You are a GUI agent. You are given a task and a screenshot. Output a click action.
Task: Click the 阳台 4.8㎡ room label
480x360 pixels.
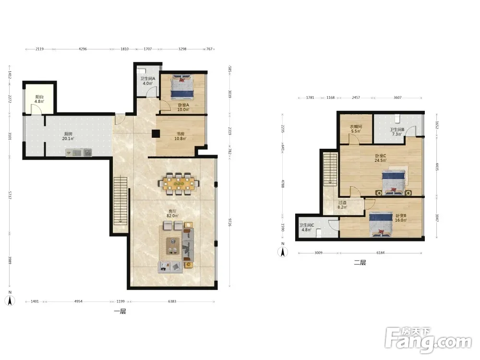pyautogui.click(x=39, y=99)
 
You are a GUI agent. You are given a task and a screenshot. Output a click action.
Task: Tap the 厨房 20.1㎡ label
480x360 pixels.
pyautogui.click(x=68, y=136)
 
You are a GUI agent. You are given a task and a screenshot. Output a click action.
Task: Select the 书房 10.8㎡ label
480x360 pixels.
pyautogui.click(x=180, y=136)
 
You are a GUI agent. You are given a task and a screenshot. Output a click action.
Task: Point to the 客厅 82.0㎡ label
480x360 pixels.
pyautogui.click(x=172, y=214)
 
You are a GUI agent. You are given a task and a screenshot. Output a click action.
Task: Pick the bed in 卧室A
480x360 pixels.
pyautogui.click(x=182, y=87)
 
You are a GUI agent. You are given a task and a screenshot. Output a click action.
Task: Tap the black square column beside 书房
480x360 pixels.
pyautogui.click(x=156, y=134)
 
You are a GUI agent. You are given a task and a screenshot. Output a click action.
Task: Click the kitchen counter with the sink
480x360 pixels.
pyautogui.click(x=79, y=153)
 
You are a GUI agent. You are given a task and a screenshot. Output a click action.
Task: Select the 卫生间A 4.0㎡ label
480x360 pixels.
pyautogui.click(x=147, y=81)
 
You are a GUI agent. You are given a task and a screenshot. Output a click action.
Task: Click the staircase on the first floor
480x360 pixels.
pyautogui.click(x=120, y=201)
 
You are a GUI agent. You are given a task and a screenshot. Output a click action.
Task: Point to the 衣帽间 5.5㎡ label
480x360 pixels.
pyautogui.click(x=356, y=129)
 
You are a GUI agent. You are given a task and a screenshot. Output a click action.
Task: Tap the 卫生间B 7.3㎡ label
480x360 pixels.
pyautogui.click(x=397, y=132)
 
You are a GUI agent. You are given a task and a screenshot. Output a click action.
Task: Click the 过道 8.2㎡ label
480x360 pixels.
pyautogui.click(x=342, y=205)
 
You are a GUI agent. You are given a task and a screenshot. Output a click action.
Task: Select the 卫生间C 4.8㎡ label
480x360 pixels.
pyautogui.click(x=306, y=228)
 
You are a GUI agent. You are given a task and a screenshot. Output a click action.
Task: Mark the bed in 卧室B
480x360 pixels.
pyautogui.click(x=381, y=225)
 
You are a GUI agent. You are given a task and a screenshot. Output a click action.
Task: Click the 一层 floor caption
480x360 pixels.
pyautogui.click(x=120, y=312)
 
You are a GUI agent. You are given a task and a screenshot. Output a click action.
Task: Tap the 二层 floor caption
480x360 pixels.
pyautogui.click(x=360, y=263)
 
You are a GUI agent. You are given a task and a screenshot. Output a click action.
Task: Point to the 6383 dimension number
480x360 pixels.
pyautogui.click(x=172, y=301)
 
